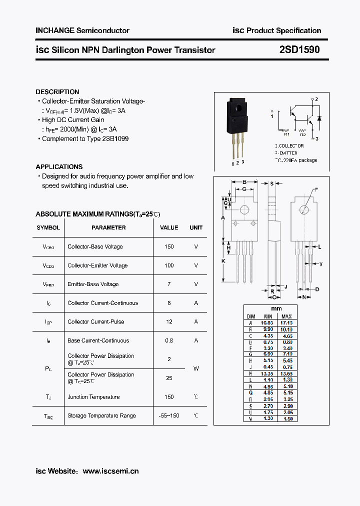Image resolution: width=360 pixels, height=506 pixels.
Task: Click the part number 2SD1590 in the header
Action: tap(299, 49)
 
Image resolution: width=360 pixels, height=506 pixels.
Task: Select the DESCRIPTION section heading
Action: tap(57, 92)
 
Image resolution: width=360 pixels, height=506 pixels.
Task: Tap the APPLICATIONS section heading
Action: tap(59, 167)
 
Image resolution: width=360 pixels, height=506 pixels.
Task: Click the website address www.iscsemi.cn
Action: tap(110, 471)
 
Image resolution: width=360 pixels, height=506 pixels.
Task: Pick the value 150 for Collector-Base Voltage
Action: tap(169, 246)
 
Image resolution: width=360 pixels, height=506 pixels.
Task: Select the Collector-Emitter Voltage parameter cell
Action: tap(97, 265)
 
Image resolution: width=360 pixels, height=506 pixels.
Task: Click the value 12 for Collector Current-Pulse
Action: tap(169, 321)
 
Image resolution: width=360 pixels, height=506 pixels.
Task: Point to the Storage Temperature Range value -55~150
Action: tap(169, 415)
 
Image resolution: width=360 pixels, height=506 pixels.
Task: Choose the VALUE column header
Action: tap(169, 227)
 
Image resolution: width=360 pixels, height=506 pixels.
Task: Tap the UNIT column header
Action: tap(196, 227)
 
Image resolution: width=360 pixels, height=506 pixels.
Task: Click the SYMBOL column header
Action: tap(48, 227)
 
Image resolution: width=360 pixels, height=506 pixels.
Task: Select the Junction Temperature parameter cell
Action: tap(93, 397)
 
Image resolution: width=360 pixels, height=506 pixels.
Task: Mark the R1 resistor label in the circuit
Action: tap(286, 134)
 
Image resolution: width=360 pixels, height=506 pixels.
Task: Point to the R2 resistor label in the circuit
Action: tap(302, 134)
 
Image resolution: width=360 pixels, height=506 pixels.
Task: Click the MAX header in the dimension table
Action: tap(286, 316)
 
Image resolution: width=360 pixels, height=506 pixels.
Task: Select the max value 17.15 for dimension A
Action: tap(286, 323)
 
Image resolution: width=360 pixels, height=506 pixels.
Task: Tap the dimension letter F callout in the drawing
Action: tap(316, 189)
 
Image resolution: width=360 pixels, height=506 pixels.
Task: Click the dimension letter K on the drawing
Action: tap(223, 261)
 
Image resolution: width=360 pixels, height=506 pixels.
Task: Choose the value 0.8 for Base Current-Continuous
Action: tap(169, 340)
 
